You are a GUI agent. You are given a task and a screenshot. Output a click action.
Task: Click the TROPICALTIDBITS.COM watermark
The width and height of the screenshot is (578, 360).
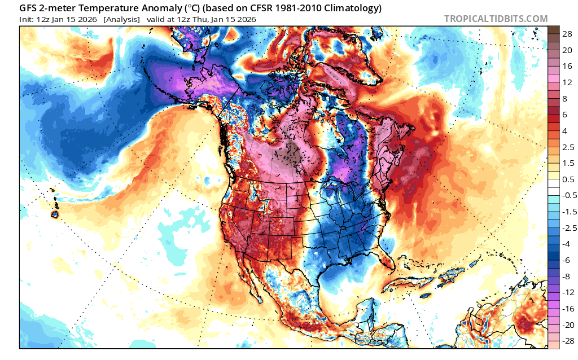(496, 19)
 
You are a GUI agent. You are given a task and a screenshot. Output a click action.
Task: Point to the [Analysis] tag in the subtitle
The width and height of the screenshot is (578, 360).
(121, 19)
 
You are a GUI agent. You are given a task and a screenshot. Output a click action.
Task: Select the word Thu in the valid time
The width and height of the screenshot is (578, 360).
(201, 19)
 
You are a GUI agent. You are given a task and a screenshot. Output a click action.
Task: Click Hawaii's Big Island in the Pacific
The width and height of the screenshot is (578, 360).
(55, 214)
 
